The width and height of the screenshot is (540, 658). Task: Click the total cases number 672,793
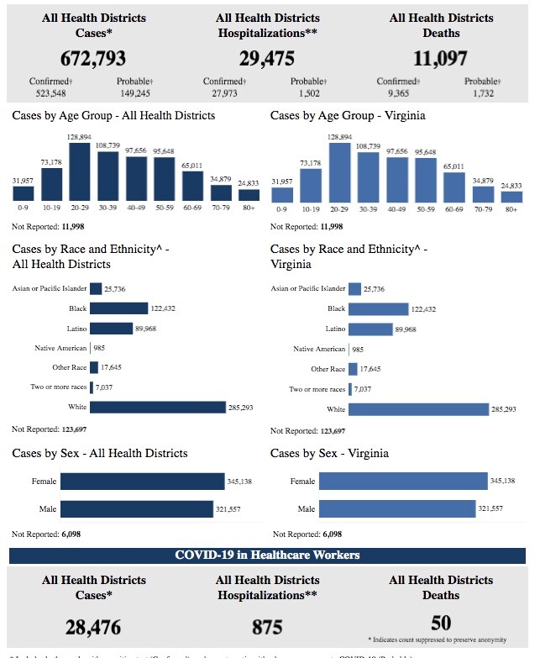(94, 58)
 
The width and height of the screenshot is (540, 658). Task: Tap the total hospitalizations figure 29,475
(267, 58)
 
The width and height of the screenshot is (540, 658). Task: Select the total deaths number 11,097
(441, 58)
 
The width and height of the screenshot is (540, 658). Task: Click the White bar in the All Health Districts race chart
(158, 408)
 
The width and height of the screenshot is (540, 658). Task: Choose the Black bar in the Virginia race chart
(378, 308)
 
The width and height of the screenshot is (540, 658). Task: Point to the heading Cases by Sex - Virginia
(329, 454)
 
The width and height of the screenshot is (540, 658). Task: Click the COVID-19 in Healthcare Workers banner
(267, 555)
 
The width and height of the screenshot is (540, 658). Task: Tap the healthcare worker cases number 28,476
(94, 627)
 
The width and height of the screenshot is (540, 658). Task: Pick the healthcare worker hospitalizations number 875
(267, 627)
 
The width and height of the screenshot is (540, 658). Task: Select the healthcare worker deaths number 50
(441, 623)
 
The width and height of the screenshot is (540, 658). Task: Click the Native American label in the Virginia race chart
(319, 349)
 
